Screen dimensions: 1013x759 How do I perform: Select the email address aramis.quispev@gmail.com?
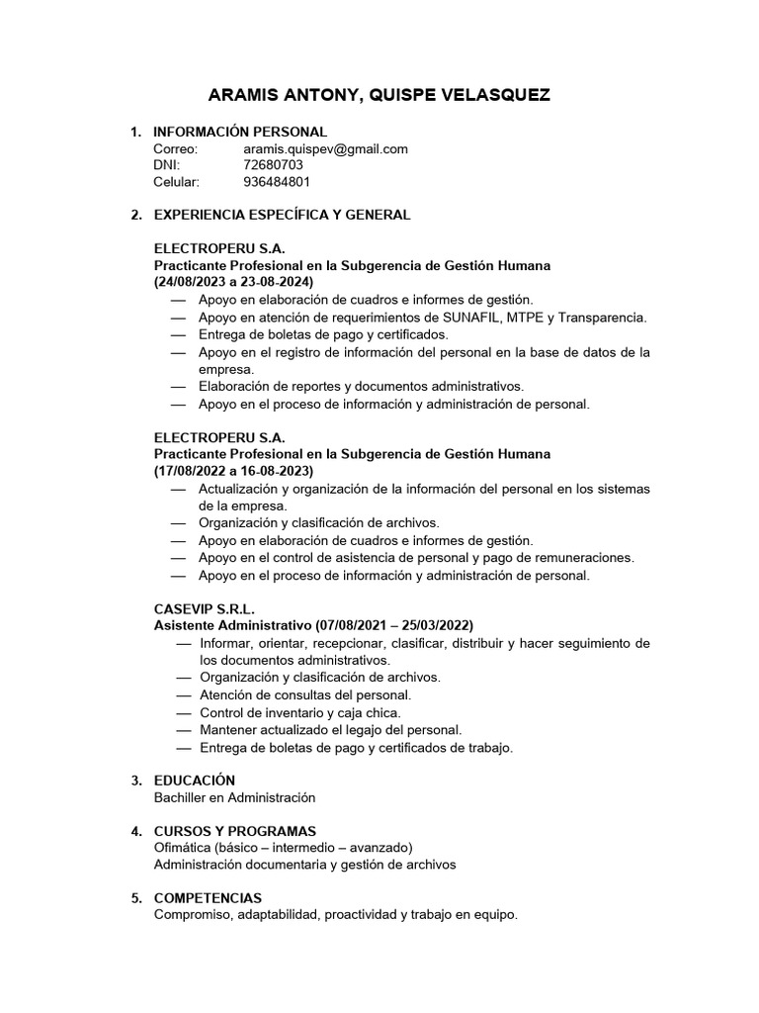pos(325,148)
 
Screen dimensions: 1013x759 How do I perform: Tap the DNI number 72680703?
pos(273,165)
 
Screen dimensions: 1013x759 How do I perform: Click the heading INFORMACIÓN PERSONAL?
pos(240,132)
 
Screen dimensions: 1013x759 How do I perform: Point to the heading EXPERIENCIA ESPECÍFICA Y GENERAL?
pos(282,215)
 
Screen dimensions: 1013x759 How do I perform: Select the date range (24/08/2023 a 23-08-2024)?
pos(234,282)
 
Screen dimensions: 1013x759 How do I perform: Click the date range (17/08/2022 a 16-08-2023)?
pos(234,470)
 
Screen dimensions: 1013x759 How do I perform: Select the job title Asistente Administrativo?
pos(233,625)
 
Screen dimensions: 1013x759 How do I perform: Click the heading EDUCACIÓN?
pos(195,781)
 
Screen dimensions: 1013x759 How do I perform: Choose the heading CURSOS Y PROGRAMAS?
pos(235,830)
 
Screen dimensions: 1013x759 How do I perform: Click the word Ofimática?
pos(184,847)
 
